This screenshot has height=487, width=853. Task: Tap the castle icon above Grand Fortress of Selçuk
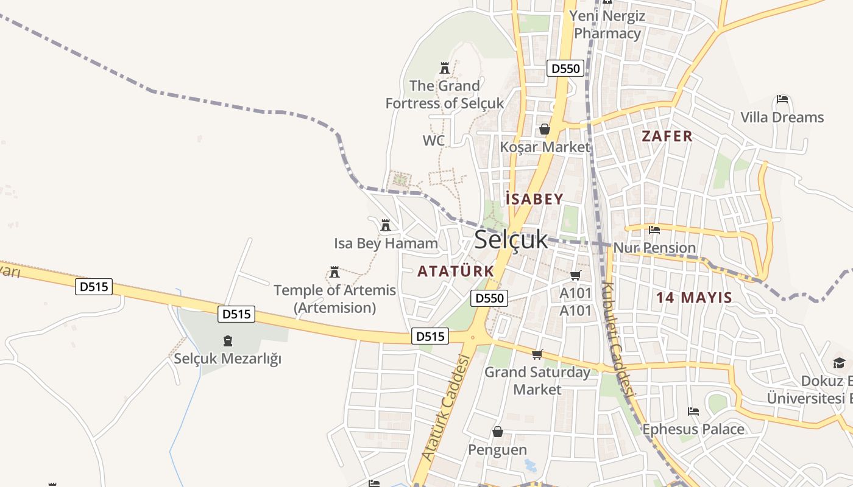pyautogui.click(x=444, y=68)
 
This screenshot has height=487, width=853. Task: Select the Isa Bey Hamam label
pyautogui.click(x=386, y=244)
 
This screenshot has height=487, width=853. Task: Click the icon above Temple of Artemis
pyautogui.click(x=334, y=272)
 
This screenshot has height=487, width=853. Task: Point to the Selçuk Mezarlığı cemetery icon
pyautogui.click(x=228, y=341)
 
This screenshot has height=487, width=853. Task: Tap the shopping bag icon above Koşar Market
pyautogui.click(x=545, y=129)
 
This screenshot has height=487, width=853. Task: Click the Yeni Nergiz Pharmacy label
pyautogui.click(x=607, y=24)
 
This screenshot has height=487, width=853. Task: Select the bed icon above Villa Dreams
pyautogui.click(x=782, y=99)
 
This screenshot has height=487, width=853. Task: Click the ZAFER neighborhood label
pyautogui.click(x=667, y=136)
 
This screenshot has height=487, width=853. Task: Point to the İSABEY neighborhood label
pyautogui.click(x=534, y=199)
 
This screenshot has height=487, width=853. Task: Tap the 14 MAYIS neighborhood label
pyautogui.click(x=694, y=298)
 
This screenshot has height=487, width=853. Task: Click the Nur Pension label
pyautogui.click(x=654, y=248)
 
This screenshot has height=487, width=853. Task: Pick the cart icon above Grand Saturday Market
pyautogui.click(x=537, y=354)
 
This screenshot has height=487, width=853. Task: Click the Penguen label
pyautogui.click(x=497, y=450)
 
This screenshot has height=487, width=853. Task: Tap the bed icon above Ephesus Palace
pyautogui.click(x=693, y=412)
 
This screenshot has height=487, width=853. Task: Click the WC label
pyautogui.click(x=434, y=141)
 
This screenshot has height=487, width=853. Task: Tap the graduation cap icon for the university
pyautogui.click(x=839, y=363)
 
